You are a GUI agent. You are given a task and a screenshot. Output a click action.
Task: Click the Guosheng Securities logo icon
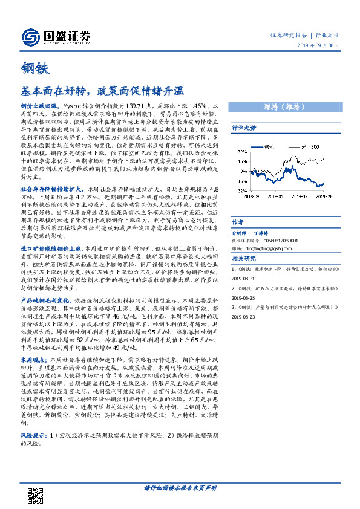pyautogui.click(x=29, y=38)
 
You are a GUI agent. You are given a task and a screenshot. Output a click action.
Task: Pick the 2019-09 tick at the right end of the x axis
pyautogui.click(x=326, y=195)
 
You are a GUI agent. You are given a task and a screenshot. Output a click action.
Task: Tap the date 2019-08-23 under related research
pyautogui.click(x=243, y=316)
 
